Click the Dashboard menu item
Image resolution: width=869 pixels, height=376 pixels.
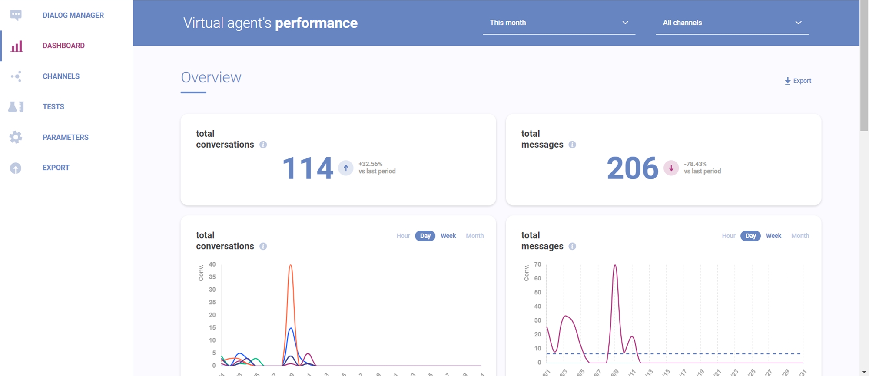tap(63, 46)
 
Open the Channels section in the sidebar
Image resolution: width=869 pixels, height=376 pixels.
tap(61, 76)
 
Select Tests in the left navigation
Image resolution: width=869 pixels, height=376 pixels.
tap(53, 107)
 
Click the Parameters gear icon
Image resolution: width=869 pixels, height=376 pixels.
tap(16, 137)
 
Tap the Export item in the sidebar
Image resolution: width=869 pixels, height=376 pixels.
tap(56, 168)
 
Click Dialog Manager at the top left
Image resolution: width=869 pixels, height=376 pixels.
tap(73, 15)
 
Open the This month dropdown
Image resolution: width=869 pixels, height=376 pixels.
tap(559, 23)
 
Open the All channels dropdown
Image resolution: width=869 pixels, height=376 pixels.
tap(732, 23)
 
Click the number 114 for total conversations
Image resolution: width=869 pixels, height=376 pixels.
tap(308, 168)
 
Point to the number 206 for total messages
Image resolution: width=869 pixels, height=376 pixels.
tap(633, 168)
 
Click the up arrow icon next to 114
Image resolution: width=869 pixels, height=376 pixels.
tap(346, 168)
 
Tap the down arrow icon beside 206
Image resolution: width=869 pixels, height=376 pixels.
tap(671, 168)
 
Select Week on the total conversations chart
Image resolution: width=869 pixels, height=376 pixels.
tap(448, 236)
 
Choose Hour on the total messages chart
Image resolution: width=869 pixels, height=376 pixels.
tap(728, 236)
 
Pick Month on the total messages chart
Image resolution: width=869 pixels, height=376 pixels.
tap(800, 236)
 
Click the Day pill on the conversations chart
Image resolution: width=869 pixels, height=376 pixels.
tap(425, 236)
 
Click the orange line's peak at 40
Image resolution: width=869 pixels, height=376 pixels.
tap(291, 265)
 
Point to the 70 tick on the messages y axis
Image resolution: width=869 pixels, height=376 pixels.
tap(537, 264)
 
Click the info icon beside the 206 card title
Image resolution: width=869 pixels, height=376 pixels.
tap(572, 145)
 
